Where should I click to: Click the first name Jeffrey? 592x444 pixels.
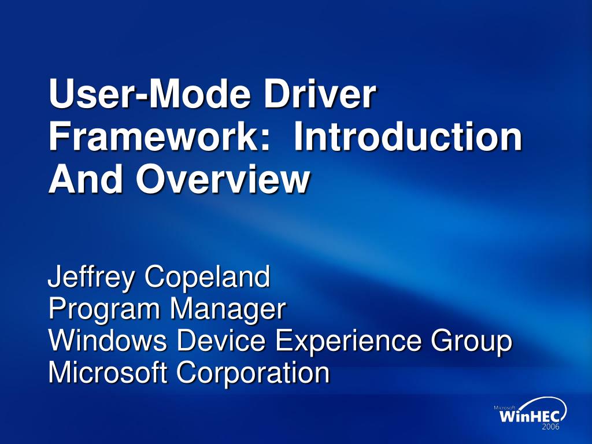coord(91,278)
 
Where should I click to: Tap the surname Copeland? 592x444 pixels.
coord(208,278)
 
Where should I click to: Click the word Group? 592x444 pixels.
coord(472,342)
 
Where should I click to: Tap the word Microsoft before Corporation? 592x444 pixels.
coord(107,372)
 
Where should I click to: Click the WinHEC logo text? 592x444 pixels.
coord(532,417)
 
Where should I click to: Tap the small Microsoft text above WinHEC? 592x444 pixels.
coord(504,408)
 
